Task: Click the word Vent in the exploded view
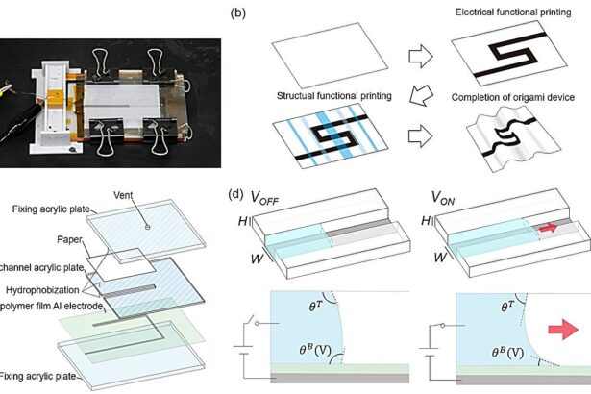pos(149,191)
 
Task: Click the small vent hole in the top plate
pos(147,227)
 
